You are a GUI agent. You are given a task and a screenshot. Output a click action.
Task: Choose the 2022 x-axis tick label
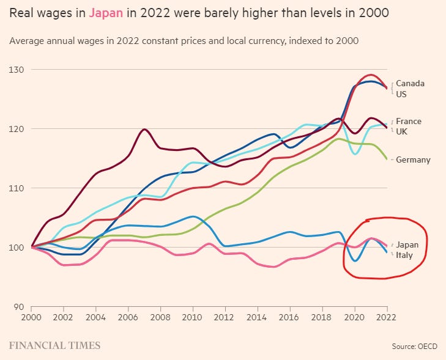tap(387, 317)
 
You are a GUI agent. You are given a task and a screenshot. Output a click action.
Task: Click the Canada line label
tap(410, 83)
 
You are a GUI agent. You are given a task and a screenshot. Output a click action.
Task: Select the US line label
tap(401, 94)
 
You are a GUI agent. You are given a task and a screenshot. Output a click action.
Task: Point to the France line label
tap(408, 121)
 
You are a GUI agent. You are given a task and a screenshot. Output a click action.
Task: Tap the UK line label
tap(401, 131)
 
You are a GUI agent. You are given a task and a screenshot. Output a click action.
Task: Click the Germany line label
tap(413, 160)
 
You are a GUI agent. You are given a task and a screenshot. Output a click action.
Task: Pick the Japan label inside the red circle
tap(407, 244)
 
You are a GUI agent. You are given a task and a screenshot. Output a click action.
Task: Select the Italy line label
tap(404, 254)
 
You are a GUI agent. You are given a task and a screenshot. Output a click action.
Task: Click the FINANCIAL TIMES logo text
tap(54, 346)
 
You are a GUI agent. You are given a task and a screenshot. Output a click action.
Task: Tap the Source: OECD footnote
tap(414, 347)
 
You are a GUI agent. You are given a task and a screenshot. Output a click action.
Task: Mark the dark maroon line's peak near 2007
tap(144, 129)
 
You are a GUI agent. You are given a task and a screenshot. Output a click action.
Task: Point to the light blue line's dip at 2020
tap(355, 153)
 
